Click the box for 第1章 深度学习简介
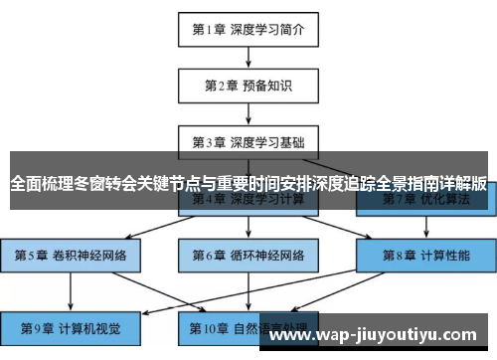coord(248,30)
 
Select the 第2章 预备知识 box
coord(248,85)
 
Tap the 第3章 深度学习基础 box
coord(248,140)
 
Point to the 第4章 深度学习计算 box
coord(248,200)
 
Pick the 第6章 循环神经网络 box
coord(248,256)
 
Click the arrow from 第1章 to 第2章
coord(248,58)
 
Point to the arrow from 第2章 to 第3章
coord(248,112)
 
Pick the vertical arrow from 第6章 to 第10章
coord(248,291)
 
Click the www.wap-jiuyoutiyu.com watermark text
coord(379,335)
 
